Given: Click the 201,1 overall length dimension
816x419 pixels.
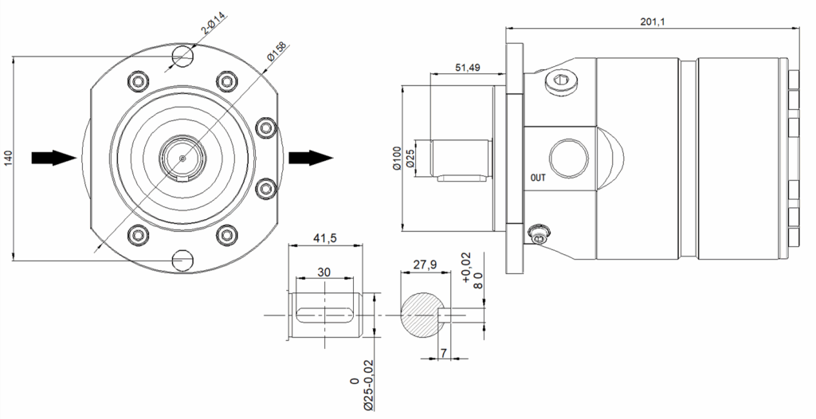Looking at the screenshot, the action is point(653,22).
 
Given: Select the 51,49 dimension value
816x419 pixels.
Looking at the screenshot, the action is point(468,67).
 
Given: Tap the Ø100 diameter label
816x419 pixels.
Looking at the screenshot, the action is point(397,159).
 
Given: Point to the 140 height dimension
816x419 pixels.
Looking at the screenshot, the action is point(8,159).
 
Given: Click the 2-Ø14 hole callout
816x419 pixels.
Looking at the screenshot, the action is point(214,24).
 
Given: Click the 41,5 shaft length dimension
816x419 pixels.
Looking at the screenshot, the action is point(325,237).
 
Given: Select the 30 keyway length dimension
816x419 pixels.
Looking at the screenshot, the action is point(324,272).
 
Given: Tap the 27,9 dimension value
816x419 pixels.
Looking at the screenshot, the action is point(425,264).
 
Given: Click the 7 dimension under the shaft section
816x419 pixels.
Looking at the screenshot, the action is point(443,353).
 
